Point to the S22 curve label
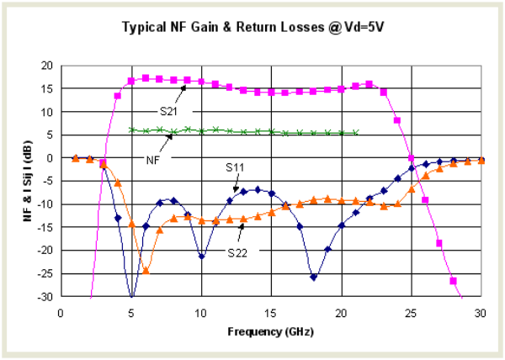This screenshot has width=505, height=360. coord(238,250)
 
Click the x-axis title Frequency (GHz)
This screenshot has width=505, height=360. coord(270,331)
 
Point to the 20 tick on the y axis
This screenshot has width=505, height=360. coord(47,66)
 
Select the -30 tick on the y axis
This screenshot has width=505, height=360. coord(45,297)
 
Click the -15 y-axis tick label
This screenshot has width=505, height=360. coord(45,227)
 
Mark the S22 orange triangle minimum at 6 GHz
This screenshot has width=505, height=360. coord(146,270)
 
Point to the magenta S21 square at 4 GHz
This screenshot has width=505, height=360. coord(118,95)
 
